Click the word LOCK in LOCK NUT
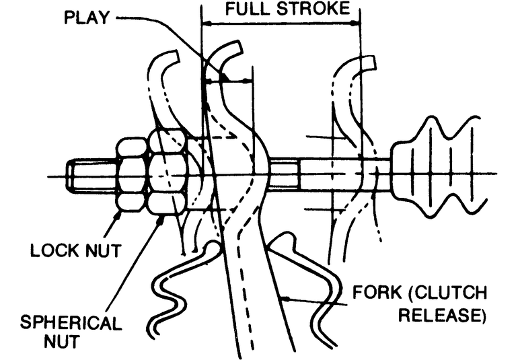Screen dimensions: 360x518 [54, 252]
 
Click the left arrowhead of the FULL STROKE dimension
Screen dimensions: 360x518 [206, 24]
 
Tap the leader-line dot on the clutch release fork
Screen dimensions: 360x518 [286, 297]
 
